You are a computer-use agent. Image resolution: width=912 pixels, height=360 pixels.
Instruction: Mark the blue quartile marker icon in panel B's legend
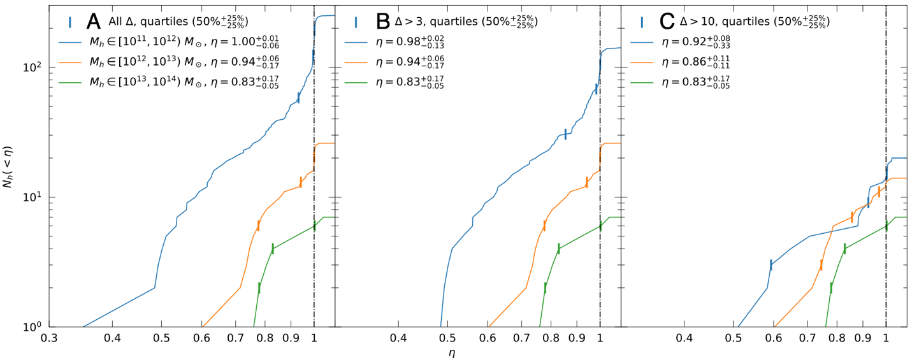356,22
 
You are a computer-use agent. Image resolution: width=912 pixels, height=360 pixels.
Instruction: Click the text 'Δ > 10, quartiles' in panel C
718,22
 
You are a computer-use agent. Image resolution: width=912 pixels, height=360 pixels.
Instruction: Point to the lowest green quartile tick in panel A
259,287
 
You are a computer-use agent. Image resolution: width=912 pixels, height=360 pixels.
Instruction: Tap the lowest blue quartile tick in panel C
771,265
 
